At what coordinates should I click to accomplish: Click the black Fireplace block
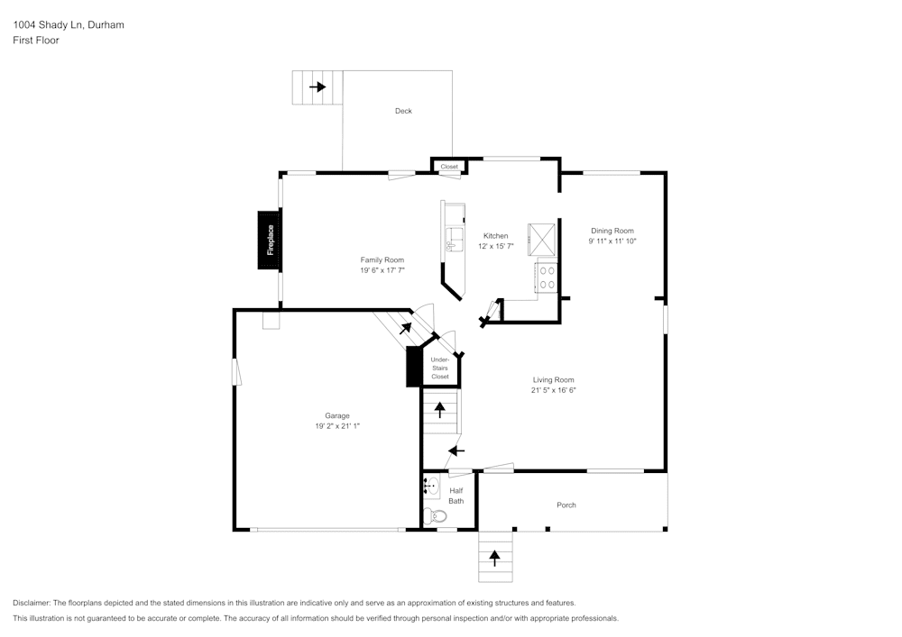tap(269, 240)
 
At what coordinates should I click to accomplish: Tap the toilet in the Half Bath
tap(436, 516)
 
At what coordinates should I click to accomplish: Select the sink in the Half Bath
tap(430, 487)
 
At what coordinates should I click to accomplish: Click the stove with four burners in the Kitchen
tap(547, 277)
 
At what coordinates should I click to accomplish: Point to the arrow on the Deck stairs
tap(318, 87)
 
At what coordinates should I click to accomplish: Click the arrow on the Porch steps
tap(494, 557)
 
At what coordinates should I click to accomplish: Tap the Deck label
tap(403, 111)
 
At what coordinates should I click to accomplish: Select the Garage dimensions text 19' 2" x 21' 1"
tap(338, 425)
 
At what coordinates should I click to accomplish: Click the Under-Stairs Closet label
tap(440, 368)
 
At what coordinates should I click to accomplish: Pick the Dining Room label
tap(612, 231)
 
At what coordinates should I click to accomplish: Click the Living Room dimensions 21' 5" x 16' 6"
tap(554, 390)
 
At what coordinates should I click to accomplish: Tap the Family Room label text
tap(382, 259)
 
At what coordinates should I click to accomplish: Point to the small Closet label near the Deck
tap(449, 167)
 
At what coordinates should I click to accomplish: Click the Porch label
tap(566, 505)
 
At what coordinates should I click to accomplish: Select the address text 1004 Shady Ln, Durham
tap(69, 25)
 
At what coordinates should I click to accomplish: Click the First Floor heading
tap(36, 41)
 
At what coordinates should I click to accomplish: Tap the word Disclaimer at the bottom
tap(32, 603)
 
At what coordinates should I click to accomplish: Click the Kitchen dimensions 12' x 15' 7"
tap(495, 246)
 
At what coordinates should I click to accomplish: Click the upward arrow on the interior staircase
tap(440, 410)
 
